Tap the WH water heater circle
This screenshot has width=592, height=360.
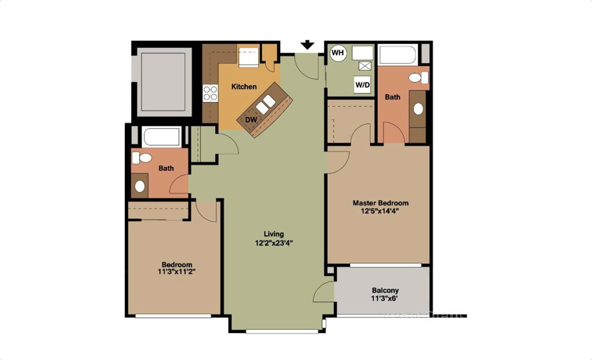click(x=338, y=53)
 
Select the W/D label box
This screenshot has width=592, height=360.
click(x=362, y=85)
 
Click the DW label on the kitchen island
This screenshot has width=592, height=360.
click(x=251, y=120)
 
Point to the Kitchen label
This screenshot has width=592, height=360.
click(x=244, y=87)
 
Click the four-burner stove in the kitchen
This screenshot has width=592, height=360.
click(x=210, y=93)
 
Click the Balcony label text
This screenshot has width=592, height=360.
click(x=385, y=291)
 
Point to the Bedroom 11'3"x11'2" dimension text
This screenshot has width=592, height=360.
click(x=176, y=272)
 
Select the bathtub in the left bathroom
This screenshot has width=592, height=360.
click(x=162, y=136)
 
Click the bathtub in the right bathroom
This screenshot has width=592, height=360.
click(x=397, y=55)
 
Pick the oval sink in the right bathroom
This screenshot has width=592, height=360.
click(x=418, y=109)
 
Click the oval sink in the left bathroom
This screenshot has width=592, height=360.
click(x=140, y=186)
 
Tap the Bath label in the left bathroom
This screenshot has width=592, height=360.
click(x=166, y=168)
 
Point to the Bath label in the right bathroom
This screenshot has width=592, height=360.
click(x=392, y=97)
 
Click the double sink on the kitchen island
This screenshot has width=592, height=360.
click(x=266, y=105)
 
